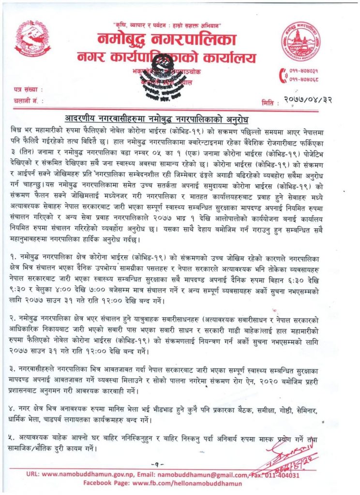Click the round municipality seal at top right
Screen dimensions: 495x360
click(x=301, y=41)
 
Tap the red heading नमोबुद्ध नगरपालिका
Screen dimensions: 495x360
click(x=166, y=39)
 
